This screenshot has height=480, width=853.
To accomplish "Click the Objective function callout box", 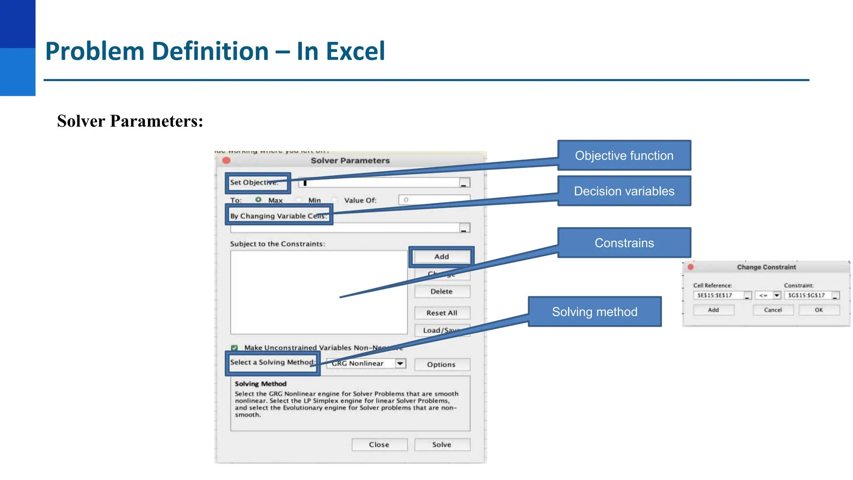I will click(624, 155).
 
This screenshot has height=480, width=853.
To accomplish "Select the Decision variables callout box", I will click(624, 191).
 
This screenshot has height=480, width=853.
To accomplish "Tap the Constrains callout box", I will click(624, 242).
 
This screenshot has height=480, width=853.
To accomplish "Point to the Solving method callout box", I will click(594, 312).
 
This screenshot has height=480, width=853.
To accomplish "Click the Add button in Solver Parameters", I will click(441, 257).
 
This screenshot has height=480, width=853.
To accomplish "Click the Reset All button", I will click(441, 313).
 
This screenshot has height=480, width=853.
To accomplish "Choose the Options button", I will click(441, 365).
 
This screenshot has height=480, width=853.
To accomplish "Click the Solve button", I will click(441, 445).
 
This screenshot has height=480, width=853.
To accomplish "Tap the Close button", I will click(379, 445).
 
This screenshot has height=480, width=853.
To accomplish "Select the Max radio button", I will click(259, 200).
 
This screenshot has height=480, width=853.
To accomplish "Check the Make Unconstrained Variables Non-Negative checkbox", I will click(234, 347).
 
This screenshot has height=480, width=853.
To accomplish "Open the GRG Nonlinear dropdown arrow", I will click(400, 363).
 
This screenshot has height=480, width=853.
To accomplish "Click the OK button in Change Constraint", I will click(818, 310).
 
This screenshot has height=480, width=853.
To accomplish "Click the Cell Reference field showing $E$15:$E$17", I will click(718, 295).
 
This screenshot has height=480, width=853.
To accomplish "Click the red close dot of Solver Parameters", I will click(227, 160).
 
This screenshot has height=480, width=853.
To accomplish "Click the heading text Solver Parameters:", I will click(130, 121).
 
